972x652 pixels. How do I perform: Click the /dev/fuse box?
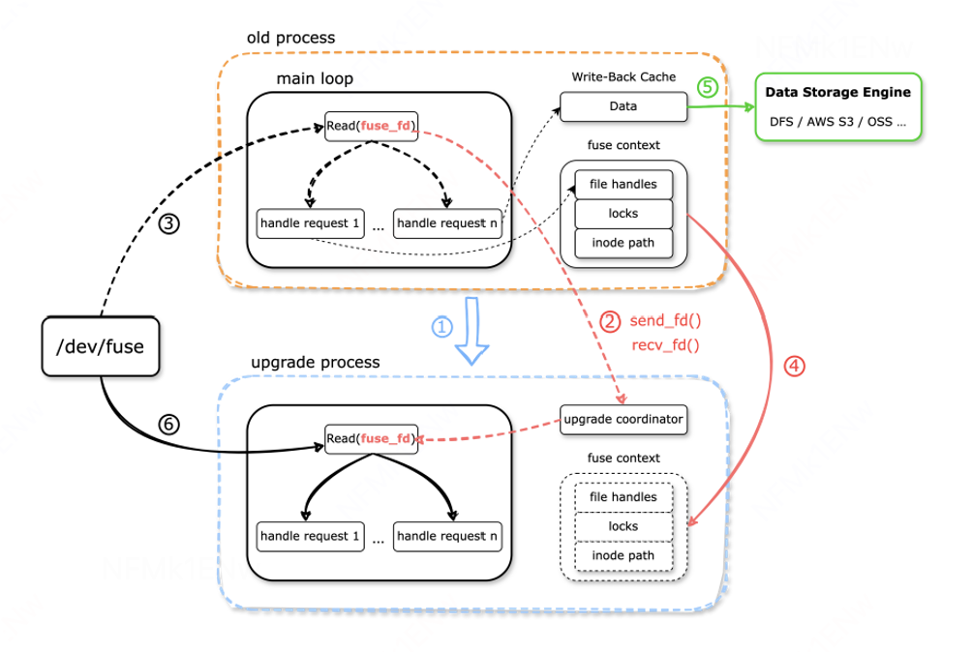(x=100, y=344)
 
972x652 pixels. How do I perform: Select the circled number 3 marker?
(x=169, y=224)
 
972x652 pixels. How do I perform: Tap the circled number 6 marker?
(x=169, y=424)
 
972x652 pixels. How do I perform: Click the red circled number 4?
(x=793, y=366)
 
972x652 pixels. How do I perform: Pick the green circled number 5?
(x=708, y=87)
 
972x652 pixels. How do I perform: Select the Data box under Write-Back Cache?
(x=623, y=106)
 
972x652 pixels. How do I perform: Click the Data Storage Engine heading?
(x=837, y=93)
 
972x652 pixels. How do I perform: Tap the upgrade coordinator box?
(x=623, y=420)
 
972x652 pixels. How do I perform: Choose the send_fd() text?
(x=665, y=320)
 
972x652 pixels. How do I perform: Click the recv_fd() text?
(x=665, y=344)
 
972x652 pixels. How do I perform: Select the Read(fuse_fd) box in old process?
(x=372, y=127)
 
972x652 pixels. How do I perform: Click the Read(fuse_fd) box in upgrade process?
(x=372, y=438)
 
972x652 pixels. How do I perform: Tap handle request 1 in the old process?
(x=310, y=223)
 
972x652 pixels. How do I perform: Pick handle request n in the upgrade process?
(x=447, y=536)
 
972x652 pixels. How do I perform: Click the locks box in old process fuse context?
(x=623, y=213)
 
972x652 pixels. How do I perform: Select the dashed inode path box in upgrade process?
(x=623, y=555)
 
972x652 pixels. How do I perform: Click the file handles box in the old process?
(x=623, y=184)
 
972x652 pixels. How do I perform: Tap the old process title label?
(x=290, y=38)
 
